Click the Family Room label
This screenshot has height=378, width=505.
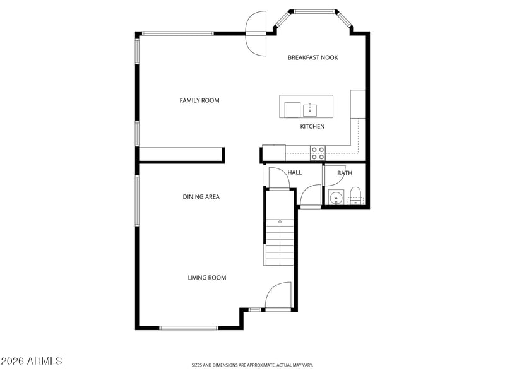199,100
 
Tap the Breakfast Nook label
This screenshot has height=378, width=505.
312,57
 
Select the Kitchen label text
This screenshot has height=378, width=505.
312,127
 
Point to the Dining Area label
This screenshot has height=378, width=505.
201,197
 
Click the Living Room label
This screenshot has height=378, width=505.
207,278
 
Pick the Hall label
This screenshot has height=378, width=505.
294,172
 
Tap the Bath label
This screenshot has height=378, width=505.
345,173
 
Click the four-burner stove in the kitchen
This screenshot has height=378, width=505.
318,153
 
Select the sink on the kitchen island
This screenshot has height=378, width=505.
310,110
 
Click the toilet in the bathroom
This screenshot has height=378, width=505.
355,196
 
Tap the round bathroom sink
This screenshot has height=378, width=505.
336,198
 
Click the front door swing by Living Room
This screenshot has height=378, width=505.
278,296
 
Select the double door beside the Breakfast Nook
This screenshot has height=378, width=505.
256,33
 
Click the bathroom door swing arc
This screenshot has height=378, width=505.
335,176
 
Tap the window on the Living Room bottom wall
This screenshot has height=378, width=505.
189,328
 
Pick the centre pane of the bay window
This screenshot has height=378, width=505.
314,12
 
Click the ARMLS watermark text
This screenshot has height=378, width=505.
31,361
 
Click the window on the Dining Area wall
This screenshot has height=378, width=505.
137,201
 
